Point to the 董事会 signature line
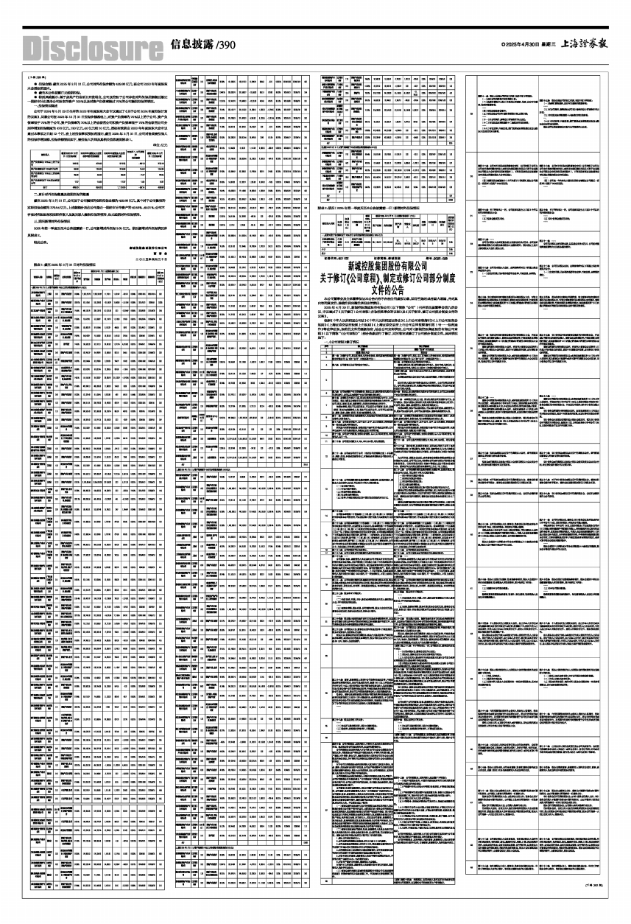[x=147, y=229]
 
